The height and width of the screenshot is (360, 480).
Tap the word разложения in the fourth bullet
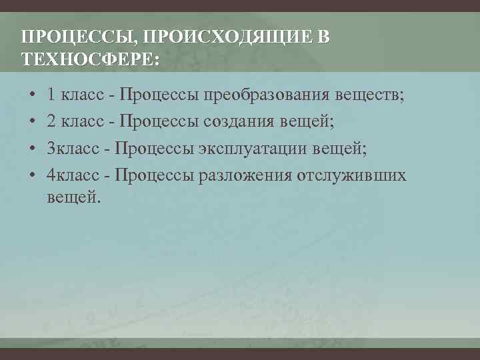tap(249, 175)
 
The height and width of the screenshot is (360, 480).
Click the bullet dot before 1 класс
tap(33, 95)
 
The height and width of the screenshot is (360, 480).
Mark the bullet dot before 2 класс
tap(33, 122)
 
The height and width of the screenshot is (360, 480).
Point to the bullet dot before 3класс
tap(33, 149)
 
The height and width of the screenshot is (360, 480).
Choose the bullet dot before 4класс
tap(33, 175)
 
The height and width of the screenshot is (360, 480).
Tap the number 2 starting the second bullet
tap(52, 121)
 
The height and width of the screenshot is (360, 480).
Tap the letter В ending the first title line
tap(323, 37)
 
